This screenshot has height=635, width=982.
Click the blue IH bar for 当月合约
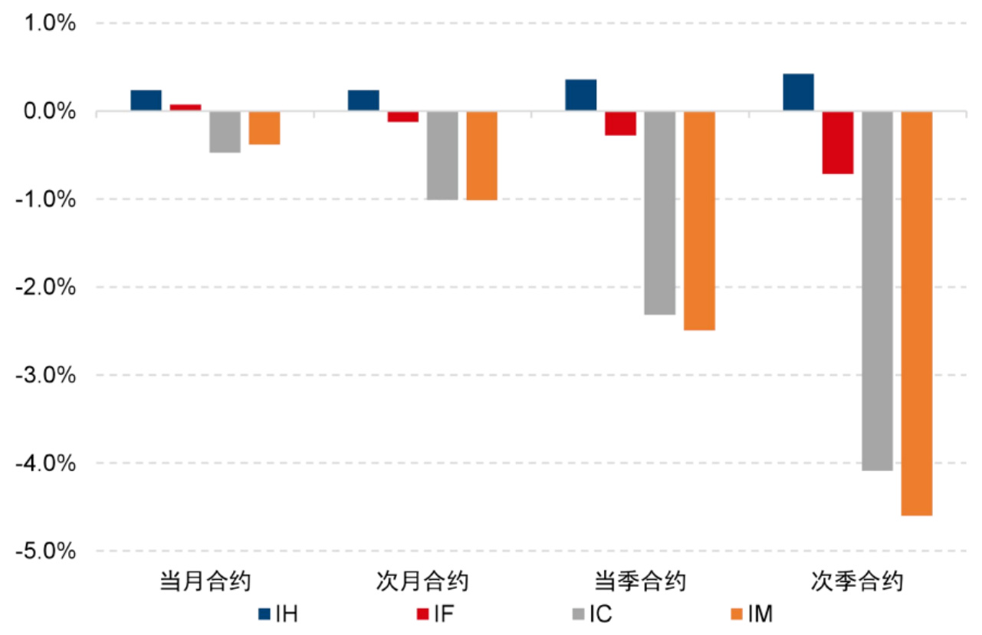tap(146, 101)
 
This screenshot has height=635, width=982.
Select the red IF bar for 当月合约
tap(186, 108)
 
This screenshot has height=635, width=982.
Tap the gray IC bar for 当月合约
tap(225, 132)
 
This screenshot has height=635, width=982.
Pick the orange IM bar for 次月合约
tap(481, 156)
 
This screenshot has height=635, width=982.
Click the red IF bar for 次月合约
tap(402, 117)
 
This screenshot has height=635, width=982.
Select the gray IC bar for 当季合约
tap(659, 213)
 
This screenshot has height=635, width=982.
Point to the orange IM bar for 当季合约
tap(699, 221)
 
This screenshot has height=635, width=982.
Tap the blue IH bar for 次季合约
tap(798, 93)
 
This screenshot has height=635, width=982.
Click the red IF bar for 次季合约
tap(838, 143)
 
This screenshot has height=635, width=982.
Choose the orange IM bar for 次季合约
tap(917, 314)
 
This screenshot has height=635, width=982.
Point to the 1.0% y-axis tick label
tap(52, 24)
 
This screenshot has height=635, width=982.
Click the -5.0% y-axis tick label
tap(50, 551)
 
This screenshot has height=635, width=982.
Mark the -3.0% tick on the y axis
tap(50, 376)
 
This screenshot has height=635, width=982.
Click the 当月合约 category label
tap(205, 581)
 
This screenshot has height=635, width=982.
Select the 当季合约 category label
tap(640, 581)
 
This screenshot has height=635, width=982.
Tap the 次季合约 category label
tap(858, 581)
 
